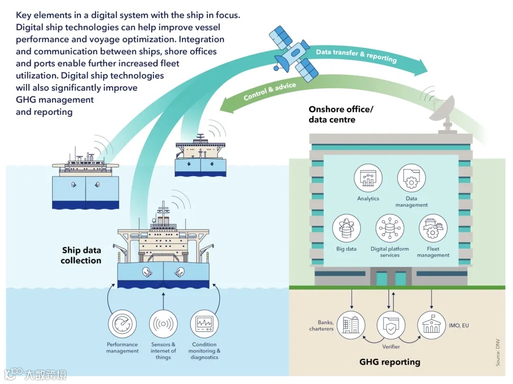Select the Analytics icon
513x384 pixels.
[368, 178]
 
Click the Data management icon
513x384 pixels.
[411, 178]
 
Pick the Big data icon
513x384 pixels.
[346, 229]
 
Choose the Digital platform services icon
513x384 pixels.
[390, 229]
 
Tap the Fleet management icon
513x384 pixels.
[433, 229]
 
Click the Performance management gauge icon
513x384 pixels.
[122, 324]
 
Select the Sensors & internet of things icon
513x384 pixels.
[163, 324]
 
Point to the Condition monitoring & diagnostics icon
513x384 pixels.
[205, 324]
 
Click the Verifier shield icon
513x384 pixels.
[391, 326]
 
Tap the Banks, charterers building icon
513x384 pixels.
[350, 325]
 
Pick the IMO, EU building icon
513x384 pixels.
[432, 325]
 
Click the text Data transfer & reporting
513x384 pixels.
[356, 55]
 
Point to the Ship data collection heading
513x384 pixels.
[81, 255]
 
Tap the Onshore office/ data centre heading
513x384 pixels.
[341, 114]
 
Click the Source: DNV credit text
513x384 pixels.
[498, 352]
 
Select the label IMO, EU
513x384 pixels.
[459, 326]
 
